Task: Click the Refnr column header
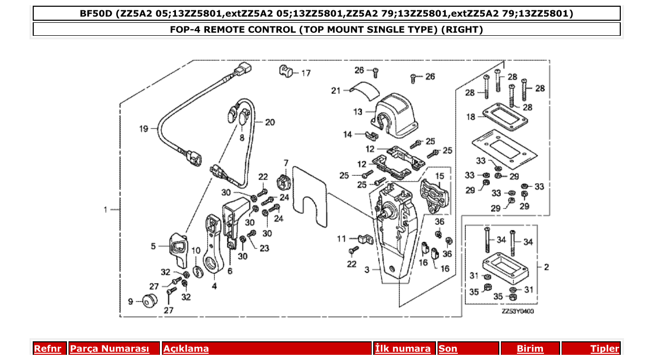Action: coord(47,349)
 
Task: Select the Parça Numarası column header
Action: coord(109,349)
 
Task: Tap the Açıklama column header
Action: coord(186,349)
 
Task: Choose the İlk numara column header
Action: coord(403,349)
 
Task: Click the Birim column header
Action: coord(530,349)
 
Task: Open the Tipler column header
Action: coord(605,349)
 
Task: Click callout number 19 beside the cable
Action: coord(144,129)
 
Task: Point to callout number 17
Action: coord(306,73)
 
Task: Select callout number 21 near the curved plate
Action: coord(336,91)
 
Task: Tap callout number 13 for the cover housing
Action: coord(358,112)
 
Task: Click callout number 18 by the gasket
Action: coord(470,117)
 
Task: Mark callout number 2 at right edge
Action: coord(546,267)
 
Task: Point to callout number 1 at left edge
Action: coord(105,210)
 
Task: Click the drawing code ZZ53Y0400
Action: coord(517,311)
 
